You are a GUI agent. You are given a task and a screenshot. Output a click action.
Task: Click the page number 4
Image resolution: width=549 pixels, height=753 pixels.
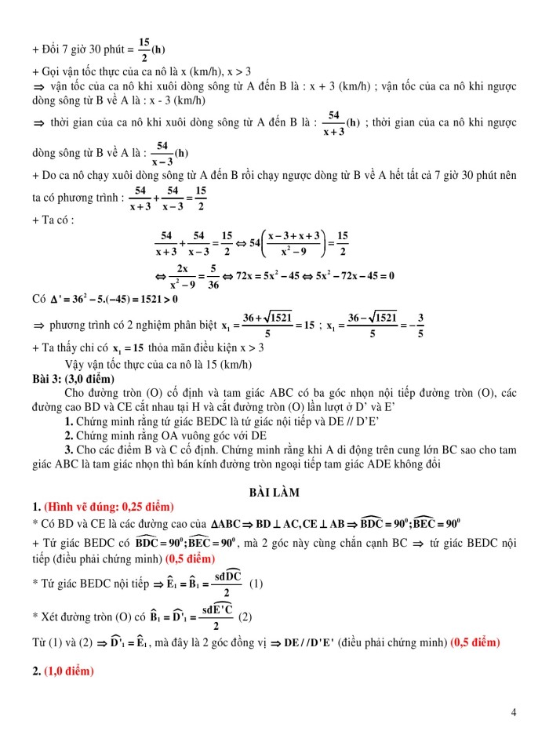point(513,712)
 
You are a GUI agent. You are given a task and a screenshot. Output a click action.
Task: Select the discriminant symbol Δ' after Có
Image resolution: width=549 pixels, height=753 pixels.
point(58,299)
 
